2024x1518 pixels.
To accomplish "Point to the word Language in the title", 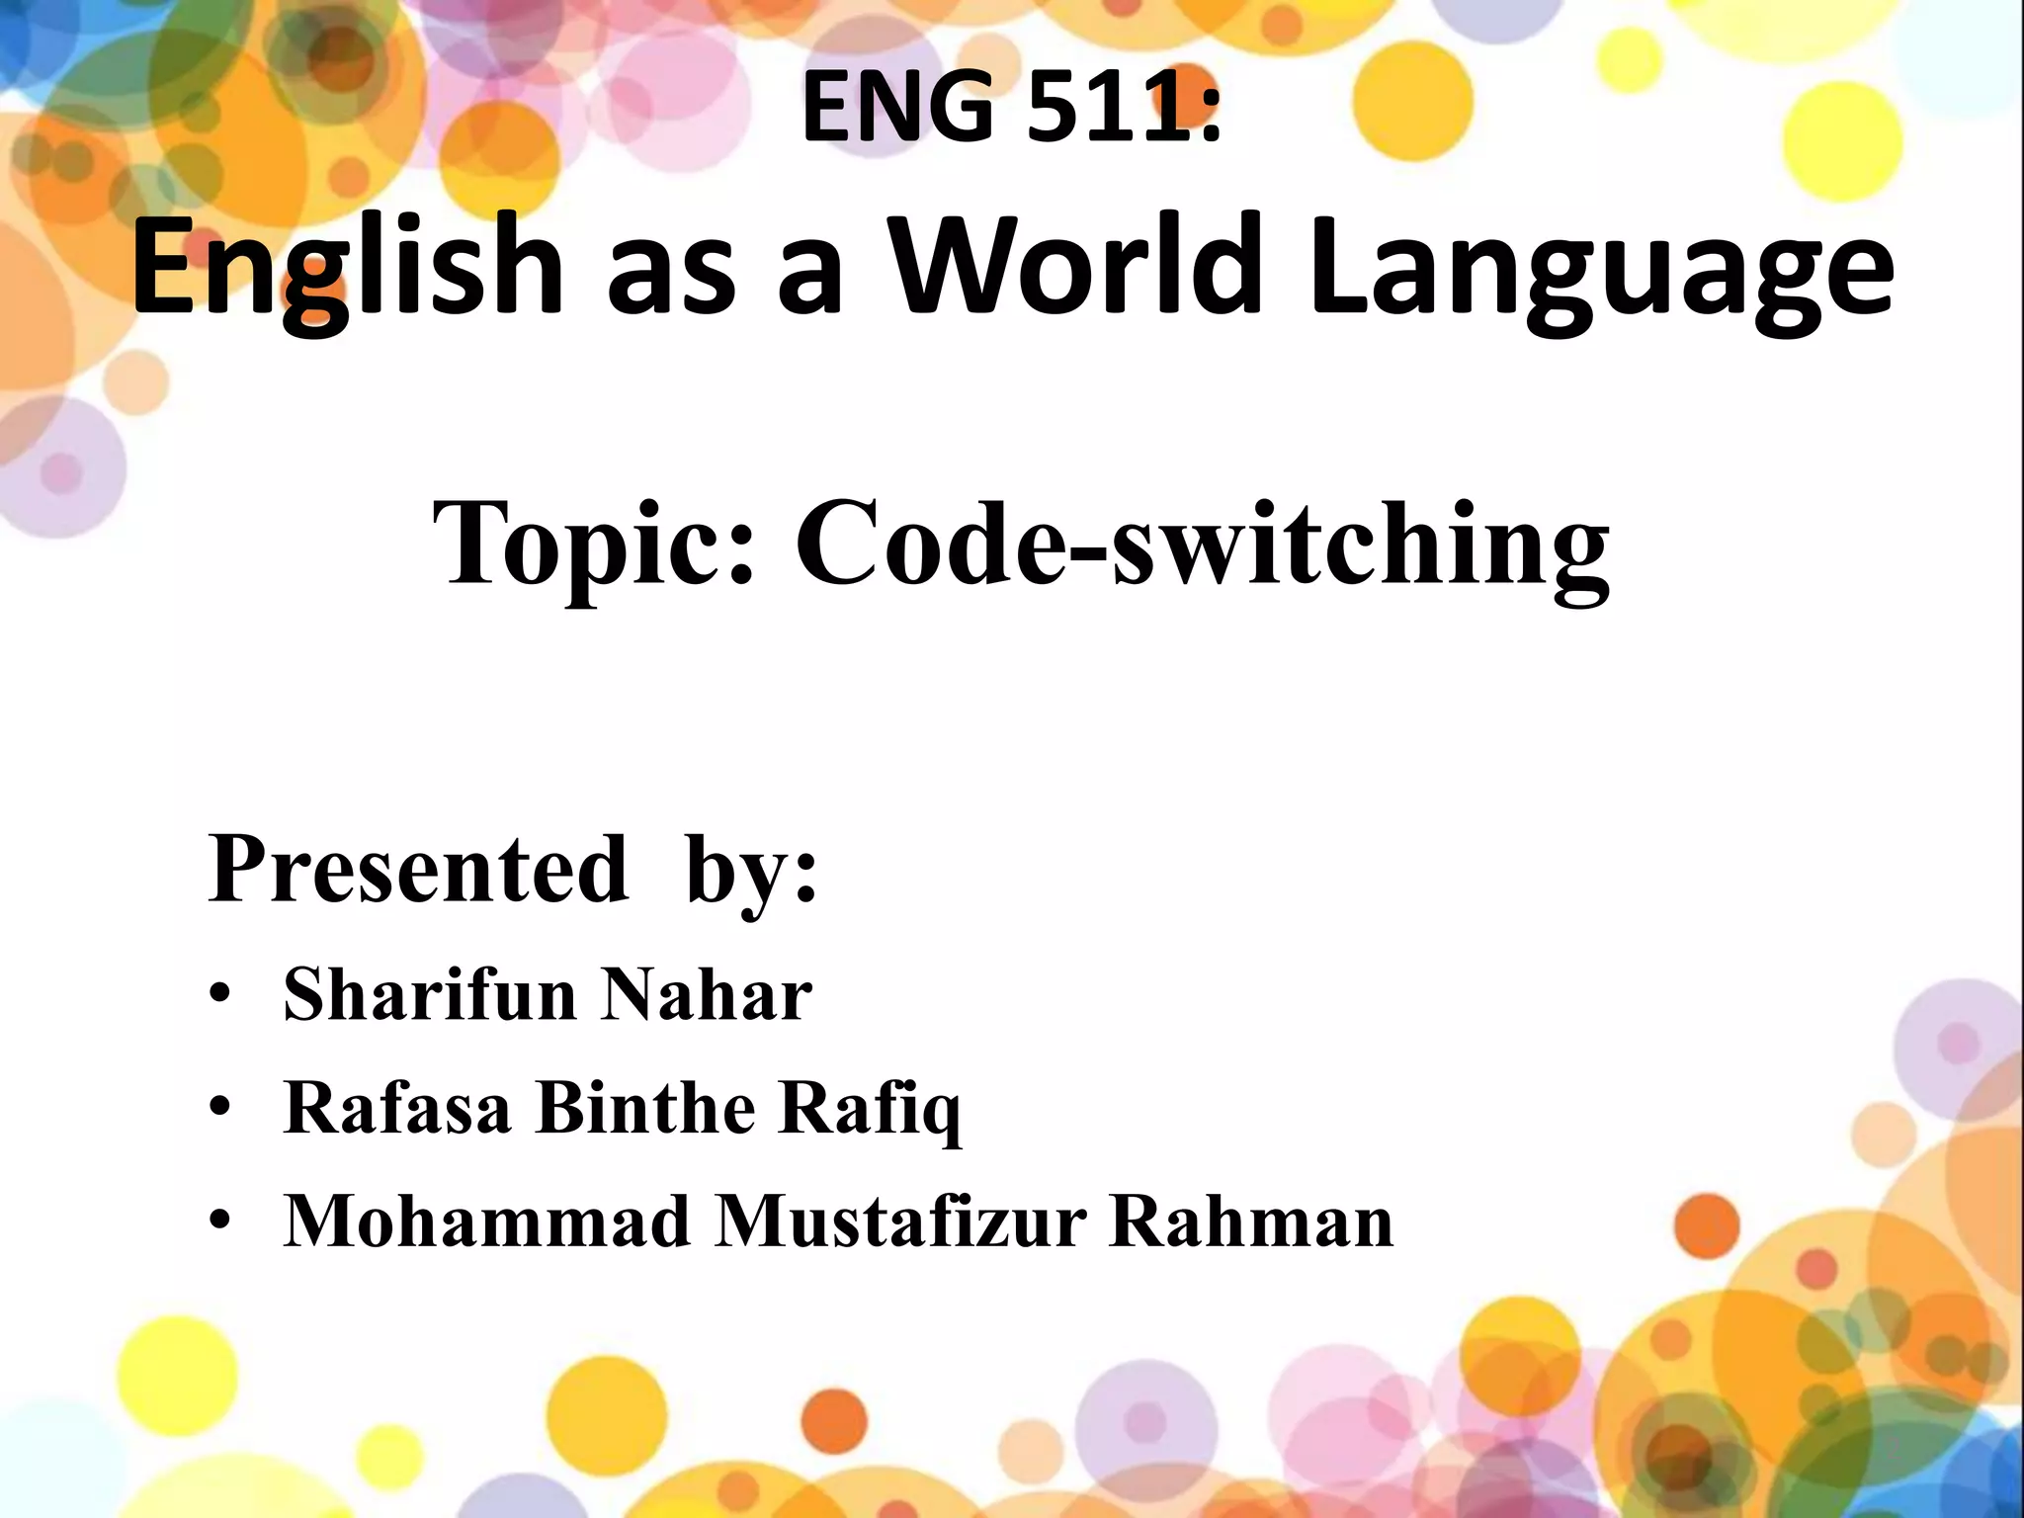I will [x=1601, y=272].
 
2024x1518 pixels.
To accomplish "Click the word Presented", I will [x=418, y=869].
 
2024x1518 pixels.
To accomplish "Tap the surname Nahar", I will [x=707, y=993].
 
